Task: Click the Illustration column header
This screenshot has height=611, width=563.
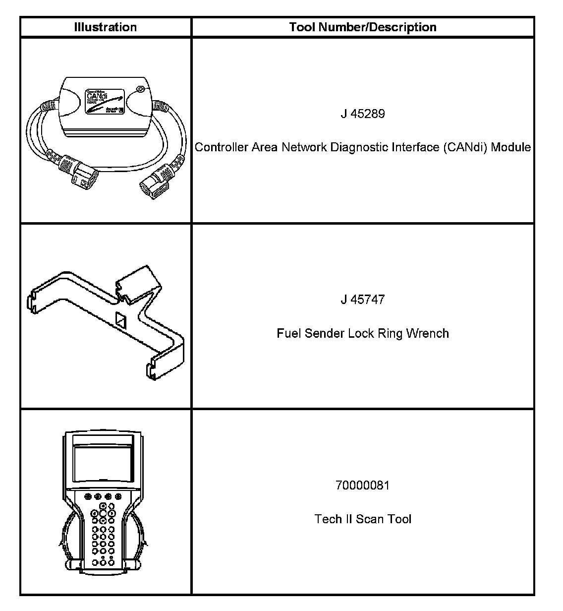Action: tap(105, 27)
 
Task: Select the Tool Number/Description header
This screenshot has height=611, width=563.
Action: tap(363, 27)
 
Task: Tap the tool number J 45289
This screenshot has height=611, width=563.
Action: tap(363, 114)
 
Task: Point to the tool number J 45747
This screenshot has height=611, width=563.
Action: tap(363, 300)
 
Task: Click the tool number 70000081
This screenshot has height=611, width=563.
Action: tap(363, 485)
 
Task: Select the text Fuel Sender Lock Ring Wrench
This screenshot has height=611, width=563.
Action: tap(363, 333)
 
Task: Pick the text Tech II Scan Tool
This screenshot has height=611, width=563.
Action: tap(363, 519)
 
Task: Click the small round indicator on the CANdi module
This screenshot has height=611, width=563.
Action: tap(140, 90)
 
